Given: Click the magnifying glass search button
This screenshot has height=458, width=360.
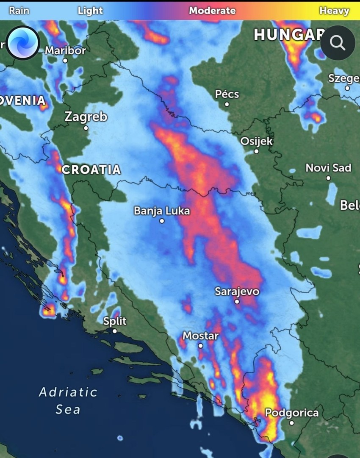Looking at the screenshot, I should (x=338, y=43).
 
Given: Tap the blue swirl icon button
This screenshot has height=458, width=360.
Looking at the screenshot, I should (x=23, y=43).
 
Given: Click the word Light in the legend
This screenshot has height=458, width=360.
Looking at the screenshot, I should (x=90, y=11).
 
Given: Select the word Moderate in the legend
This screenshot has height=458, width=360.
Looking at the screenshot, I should (x=212, y=11).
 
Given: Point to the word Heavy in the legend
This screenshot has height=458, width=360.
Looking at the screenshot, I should (x=334, y=11).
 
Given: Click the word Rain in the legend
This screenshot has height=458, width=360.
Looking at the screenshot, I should (x=19, y=11).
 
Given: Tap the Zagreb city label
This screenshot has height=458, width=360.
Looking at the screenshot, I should (x=86, y=117).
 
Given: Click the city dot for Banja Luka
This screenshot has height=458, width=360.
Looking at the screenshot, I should (x=162, y=221).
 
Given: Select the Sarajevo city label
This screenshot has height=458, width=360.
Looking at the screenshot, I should (x=237, y=291).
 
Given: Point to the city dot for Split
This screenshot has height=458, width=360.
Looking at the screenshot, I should (x=114, y=331).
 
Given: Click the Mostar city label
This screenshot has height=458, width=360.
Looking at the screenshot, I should (x=201, y=336).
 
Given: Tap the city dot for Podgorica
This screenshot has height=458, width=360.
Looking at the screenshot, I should (x=291, y=422).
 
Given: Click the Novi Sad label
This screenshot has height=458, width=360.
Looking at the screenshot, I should (x=328, y=168).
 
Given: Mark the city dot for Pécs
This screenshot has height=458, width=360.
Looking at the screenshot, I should (x=227, y=104).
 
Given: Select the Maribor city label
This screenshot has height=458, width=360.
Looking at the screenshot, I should (x=65, y=51).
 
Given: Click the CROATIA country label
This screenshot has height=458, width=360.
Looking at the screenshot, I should (x=91, y=170).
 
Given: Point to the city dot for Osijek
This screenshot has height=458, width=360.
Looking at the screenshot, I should (x=256, y=151).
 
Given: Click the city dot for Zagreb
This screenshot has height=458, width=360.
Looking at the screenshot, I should (x=86, y=128).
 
